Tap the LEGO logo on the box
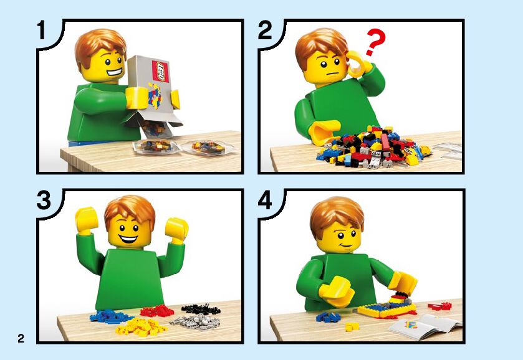click(x=161, y=71)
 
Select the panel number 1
click(x=41, y=31)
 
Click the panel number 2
click(x=265, y=31)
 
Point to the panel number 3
click(x=44, y=201)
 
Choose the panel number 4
click(x=265, y=201)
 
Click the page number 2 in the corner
click(x=21, y=338)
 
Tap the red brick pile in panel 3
click(x=156, y=311)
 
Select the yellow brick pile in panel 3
click(x=141, y=326)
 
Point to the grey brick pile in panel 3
click(x=196, y=322)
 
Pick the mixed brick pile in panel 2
click(x=373, y=146)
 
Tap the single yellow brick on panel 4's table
click(x=352, y=326)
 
